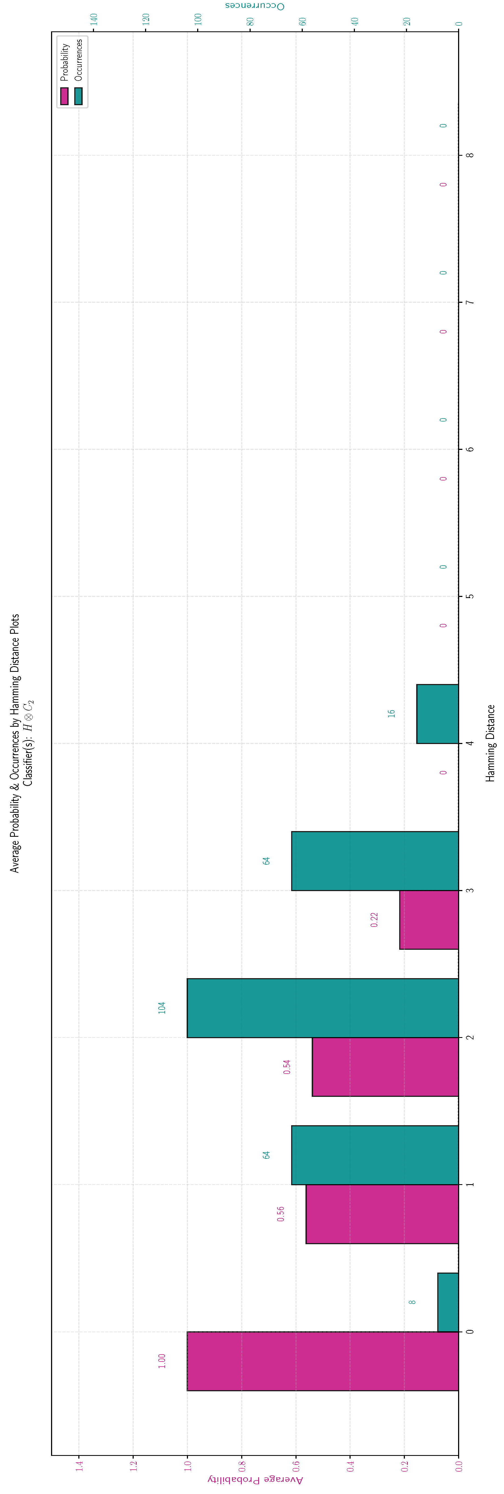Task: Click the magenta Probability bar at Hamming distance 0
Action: [323, 1361]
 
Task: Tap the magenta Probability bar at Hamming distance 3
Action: [429, 919]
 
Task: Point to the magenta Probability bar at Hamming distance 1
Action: [382, 1213]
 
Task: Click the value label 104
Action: [162, 1007]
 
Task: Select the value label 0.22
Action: [374, 919]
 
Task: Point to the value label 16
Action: [392, 713]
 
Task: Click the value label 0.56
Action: [281, 1213]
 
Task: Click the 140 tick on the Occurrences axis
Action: [94, 19]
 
